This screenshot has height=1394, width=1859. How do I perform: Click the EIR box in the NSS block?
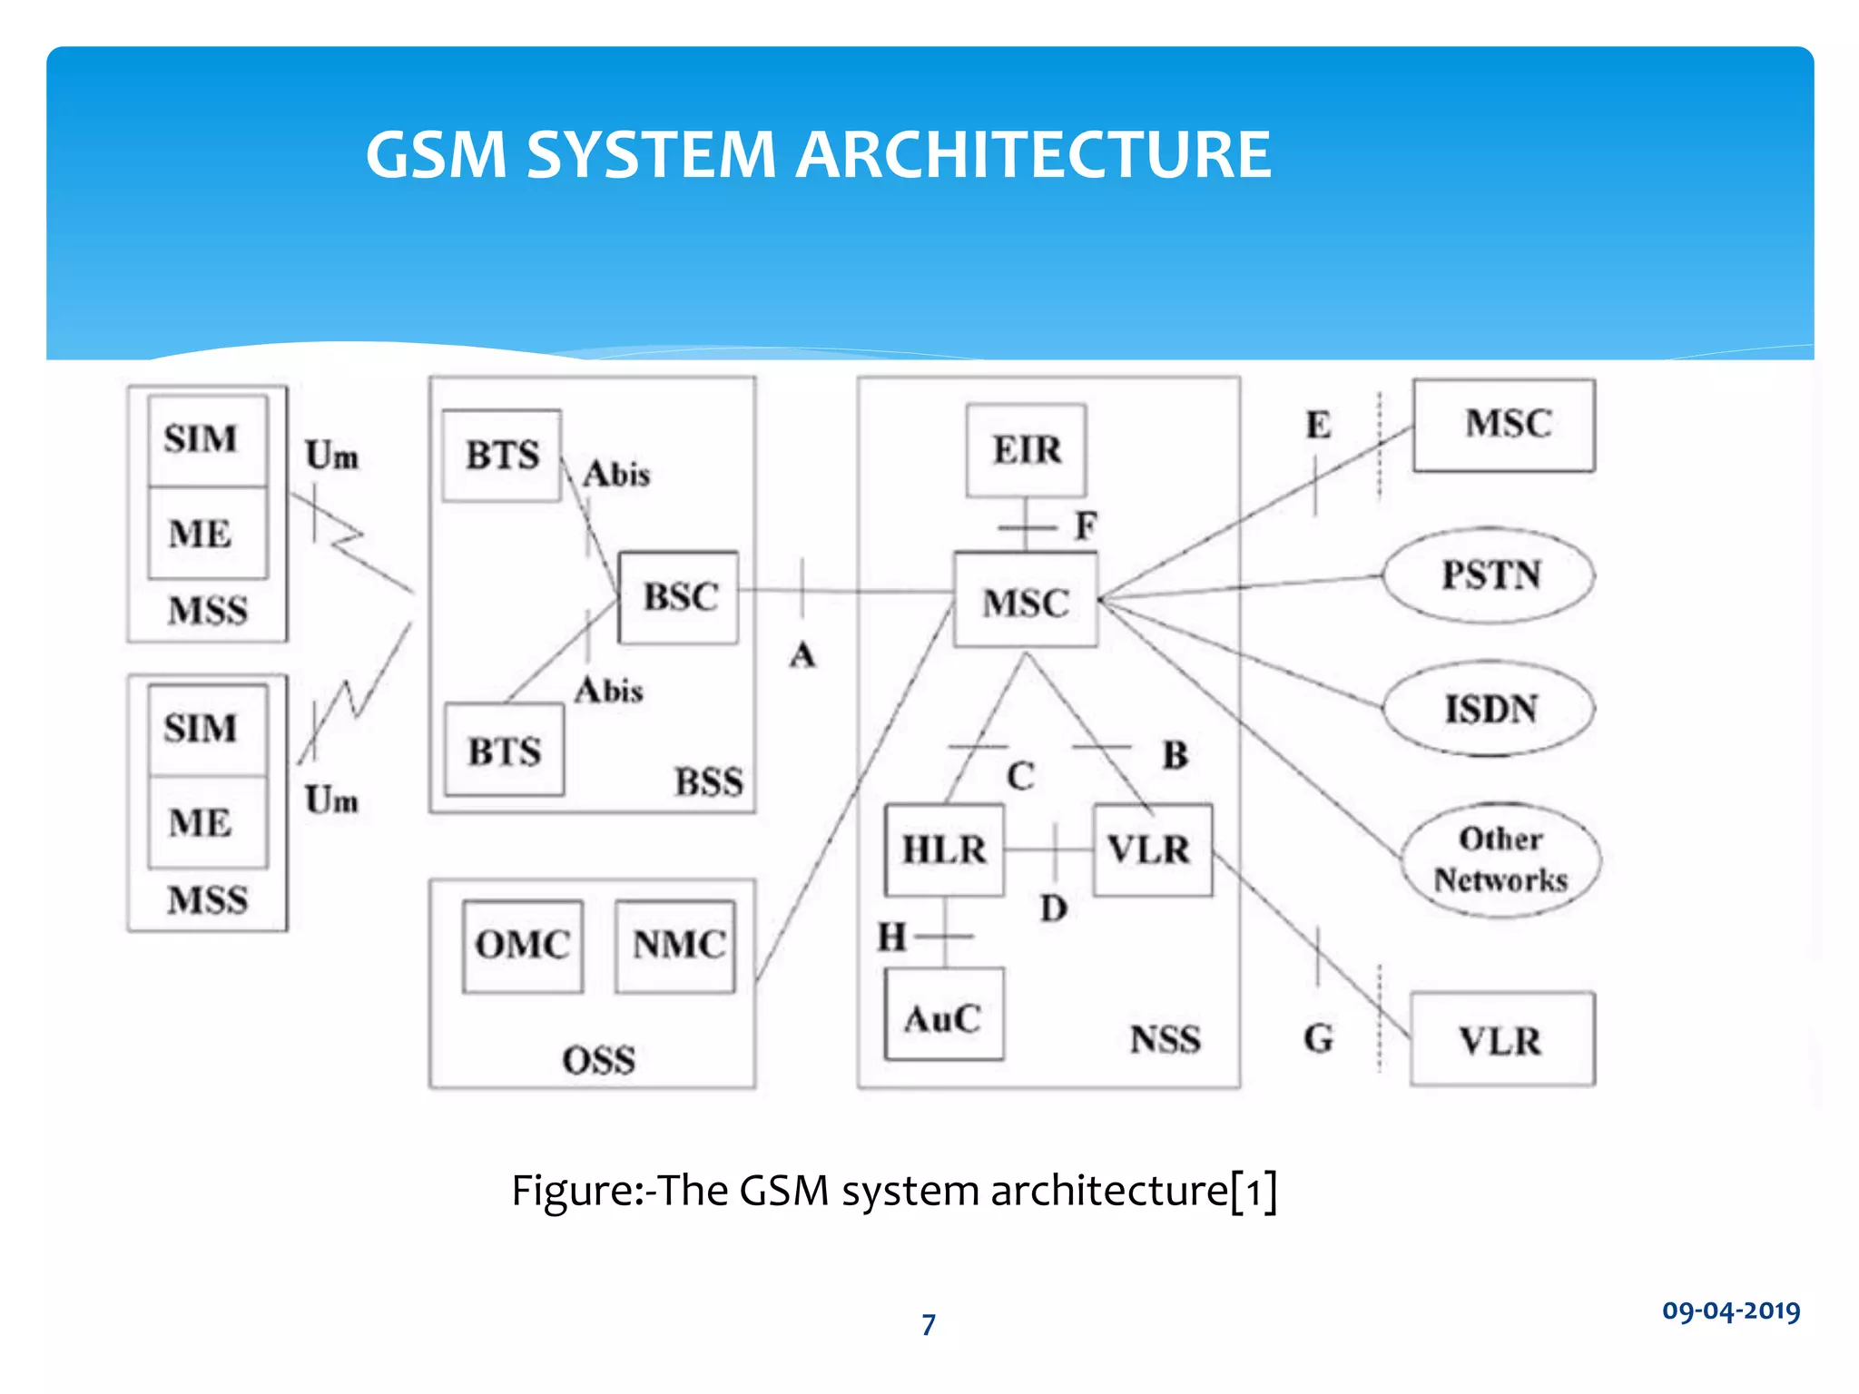point(1026,450)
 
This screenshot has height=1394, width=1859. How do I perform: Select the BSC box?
point(679,597)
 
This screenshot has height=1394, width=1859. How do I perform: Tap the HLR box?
point(944,850)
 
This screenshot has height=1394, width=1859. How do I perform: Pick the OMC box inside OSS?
point(522,946)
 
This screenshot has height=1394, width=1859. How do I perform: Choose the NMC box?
point(676,946)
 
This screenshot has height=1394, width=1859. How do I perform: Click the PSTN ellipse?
point(1489,575)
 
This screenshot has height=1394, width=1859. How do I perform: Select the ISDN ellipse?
point(1489,709)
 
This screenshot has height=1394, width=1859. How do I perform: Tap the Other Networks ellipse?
point(1500,859)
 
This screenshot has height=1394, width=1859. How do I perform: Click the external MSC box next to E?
point(1504,425)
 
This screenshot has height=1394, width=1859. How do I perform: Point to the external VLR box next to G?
point(1502,1039)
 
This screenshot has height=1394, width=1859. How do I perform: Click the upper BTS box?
point(502,455)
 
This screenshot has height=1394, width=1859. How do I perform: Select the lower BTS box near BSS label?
point(504,751)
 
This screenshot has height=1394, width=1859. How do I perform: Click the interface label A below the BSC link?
point(802,654)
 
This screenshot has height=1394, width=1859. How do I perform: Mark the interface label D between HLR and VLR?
point(1054,908)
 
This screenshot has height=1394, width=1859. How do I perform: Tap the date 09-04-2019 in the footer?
point(1731,1311)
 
